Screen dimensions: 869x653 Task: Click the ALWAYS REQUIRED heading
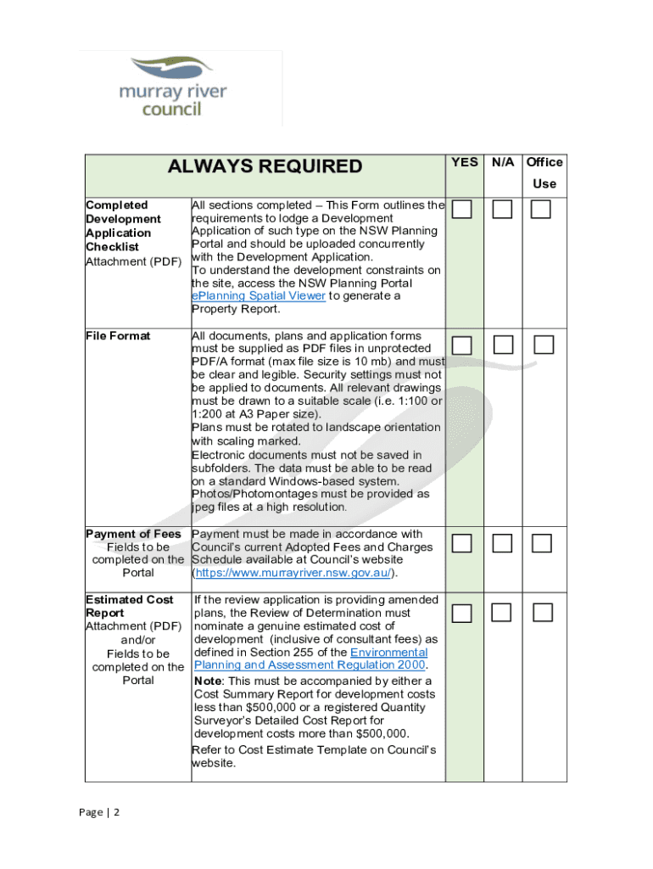tap(265, 166)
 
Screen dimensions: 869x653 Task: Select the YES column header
tap(464, 162)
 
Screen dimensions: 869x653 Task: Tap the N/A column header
tap(504, 162)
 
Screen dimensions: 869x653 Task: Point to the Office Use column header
tap(544, 172)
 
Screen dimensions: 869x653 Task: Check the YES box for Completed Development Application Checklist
tap(461, 210)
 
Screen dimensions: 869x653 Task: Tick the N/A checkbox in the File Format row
tap(503, 345)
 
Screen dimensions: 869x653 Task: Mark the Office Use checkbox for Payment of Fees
tap(543, 544)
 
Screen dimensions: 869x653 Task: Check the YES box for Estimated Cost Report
tap(461, 612)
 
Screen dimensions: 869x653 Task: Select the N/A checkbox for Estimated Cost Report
tap(503, 612)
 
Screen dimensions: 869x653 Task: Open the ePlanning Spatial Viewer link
tap(259, 296)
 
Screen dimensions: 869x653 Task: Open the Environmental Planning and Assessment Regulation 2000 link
tap(310, 659)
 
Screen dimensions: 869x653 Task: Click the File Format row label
tap(118, 336)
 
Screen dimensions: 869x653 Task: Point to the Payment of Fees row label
tap(133, 534)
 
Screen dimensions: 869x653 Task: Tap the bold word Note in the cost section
tap(208, 681)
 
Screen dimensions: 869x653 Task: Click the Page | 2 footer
tap(100, 812)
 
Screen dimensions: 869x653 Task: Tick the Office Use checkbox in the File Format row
tap(543, 345)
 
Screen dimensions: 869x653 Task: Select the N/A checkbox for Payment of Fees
tap(503, 544)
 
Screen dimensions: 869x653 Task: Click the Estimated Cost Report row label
tap(130, 606)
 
